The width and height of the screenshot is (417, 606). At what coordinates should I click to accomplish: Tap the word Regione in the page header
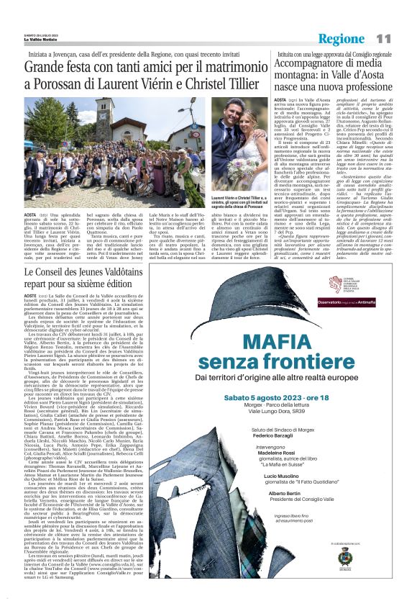342,39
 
